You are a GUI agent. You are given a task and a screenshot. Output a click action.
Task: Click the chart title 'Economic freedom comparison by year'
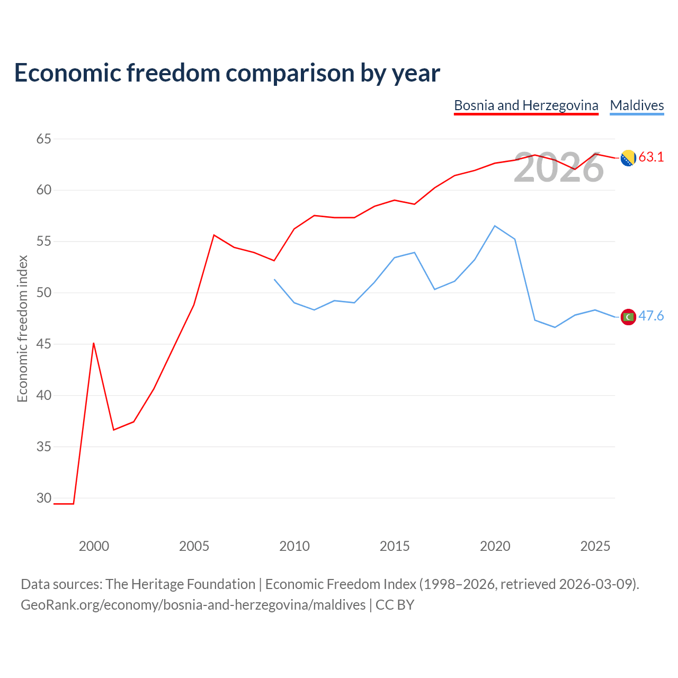[x=227, y=73]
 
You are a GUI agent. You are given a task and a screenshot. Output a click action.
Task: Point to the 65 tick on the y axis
[x=43, y=139]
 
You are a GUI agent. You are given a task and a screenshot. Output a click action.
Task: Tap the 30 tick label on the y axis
[x=43, y=498]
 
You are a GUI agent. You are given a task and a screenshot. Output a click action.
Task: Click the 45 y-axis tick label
[x=43, y=344]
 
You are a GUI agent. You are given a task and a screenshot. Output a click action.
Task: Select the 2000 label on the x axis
[x=94, y=546]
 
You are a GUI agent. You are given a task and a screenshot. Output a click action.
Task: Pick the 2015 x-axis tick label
[x=395, y=546]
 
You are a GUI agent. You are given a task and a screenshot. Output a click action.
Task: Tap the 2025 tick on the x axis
[x=595, y=546]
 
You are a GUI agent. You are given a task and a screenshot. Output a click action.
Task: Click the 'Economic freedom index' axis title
[x=23, y=328]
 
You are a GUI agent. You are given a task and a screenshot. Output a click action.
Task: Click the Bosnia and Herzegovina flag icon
[x=628, y=158]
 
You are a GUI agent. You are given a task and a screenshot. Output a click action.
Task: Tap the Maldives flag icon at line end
[x=628, y=317]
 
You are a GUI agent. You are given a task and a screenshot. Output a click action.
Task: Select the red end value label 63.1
[x=652, y=157]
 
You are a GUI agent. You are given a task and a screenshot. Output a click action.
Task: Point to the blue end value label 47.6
[x=652, y=316]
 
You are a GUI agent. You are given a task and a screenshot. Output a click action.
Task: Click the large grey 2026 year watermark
[x=559, y=167]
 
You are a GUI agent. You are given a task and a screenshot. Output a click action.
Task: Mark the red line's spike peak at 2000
[x=94, y=343]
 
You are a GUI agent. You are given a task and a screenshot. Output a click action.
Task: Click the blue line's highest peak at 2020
[x=495, y=226]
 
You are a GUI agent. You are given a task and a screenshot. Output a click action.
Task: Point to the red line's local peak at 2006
[x=214, y=235]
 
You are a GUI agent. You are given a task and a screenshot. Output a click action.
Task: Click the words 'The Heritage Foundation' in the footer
[x=181, y=584]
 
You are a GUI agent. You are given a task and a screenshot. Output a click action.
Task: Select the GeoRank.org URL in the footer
[x=193, y=605]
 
